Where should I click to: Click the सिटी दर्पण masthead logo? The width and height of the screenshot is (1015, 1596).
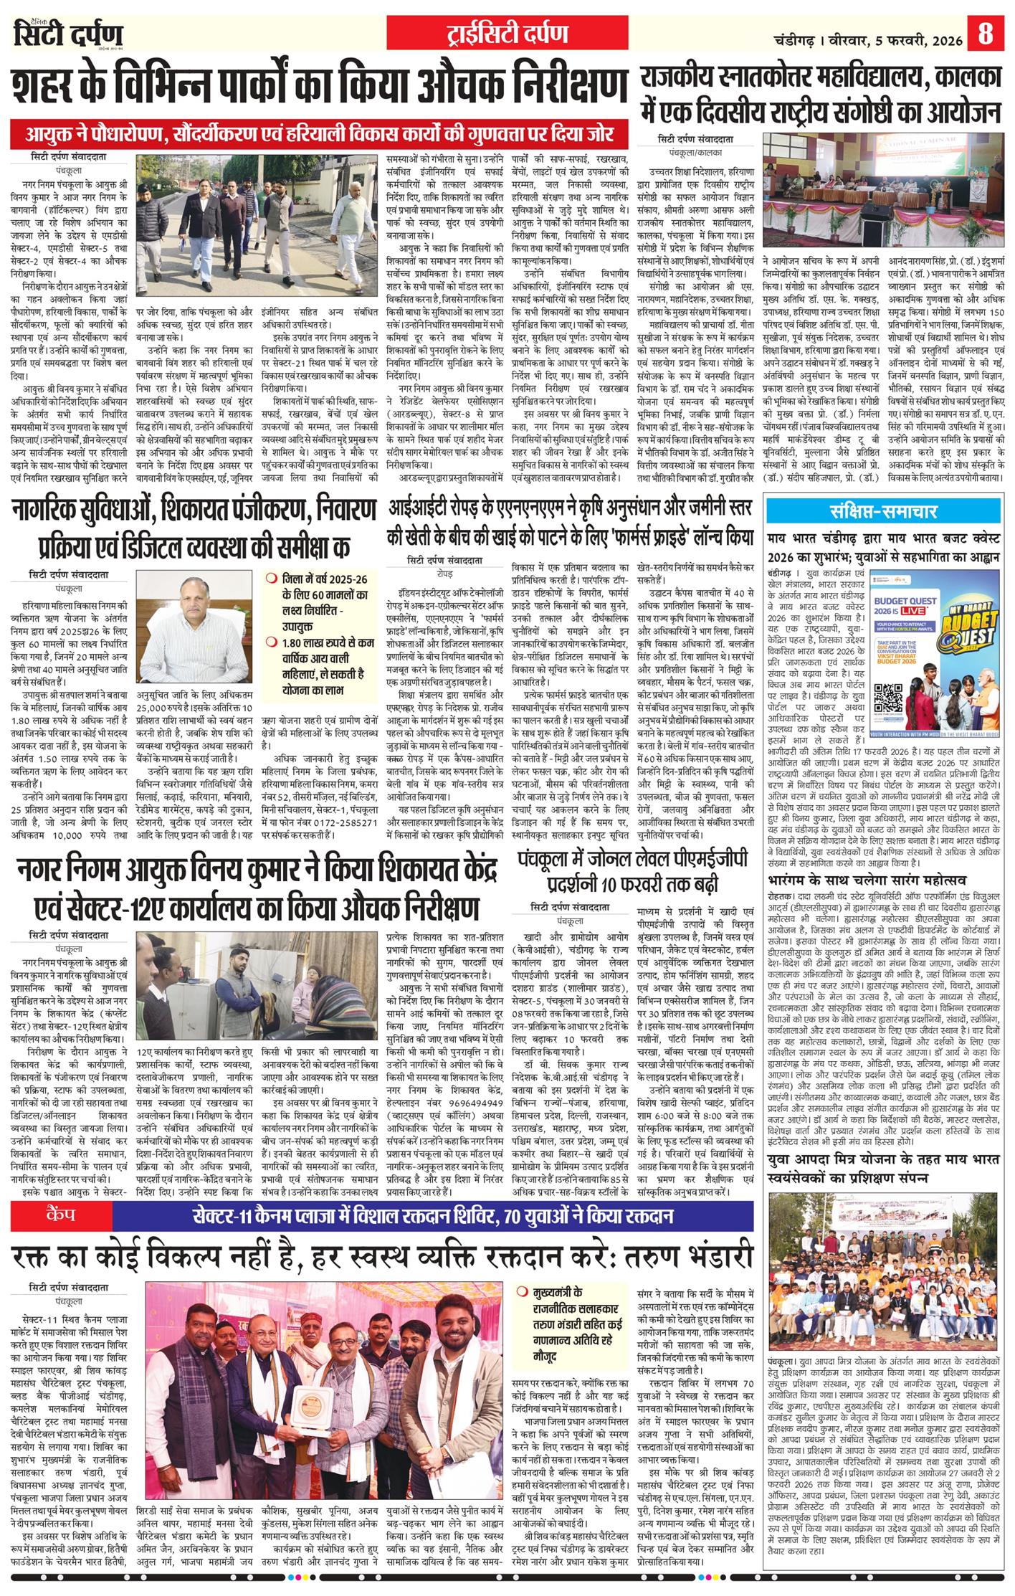[x=69, y=34]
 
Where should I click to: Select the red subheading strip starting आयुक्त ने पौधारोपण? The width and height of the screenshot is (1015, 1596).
[x=320, y=134]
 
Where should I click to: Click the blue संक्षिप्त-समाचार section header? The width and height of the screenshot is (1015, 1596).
[x=883, y=512]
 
